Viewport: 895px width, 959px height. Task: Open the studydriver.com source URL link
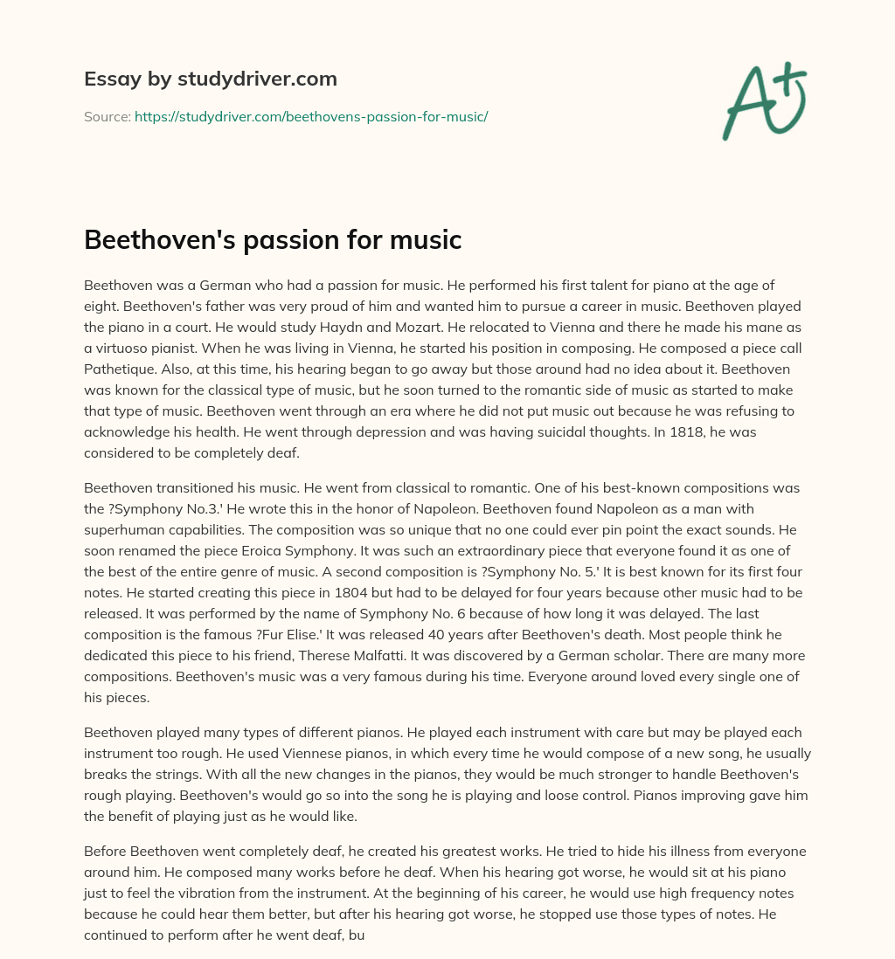[x=310, y=116]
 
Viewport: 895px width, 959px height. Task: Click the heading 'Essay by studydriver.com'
[x=210, y=79]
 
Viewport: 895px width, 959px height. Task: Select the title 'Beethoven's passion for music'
[x=273, y=239]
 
